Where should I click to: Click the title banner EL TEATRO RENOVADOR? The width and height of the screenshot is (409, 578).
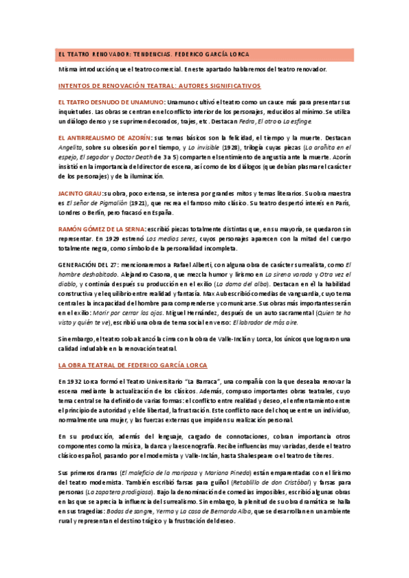[154, 54]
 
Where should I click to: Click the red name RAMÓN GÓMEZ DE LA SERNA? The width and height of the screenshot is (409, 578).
[107, 230]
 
